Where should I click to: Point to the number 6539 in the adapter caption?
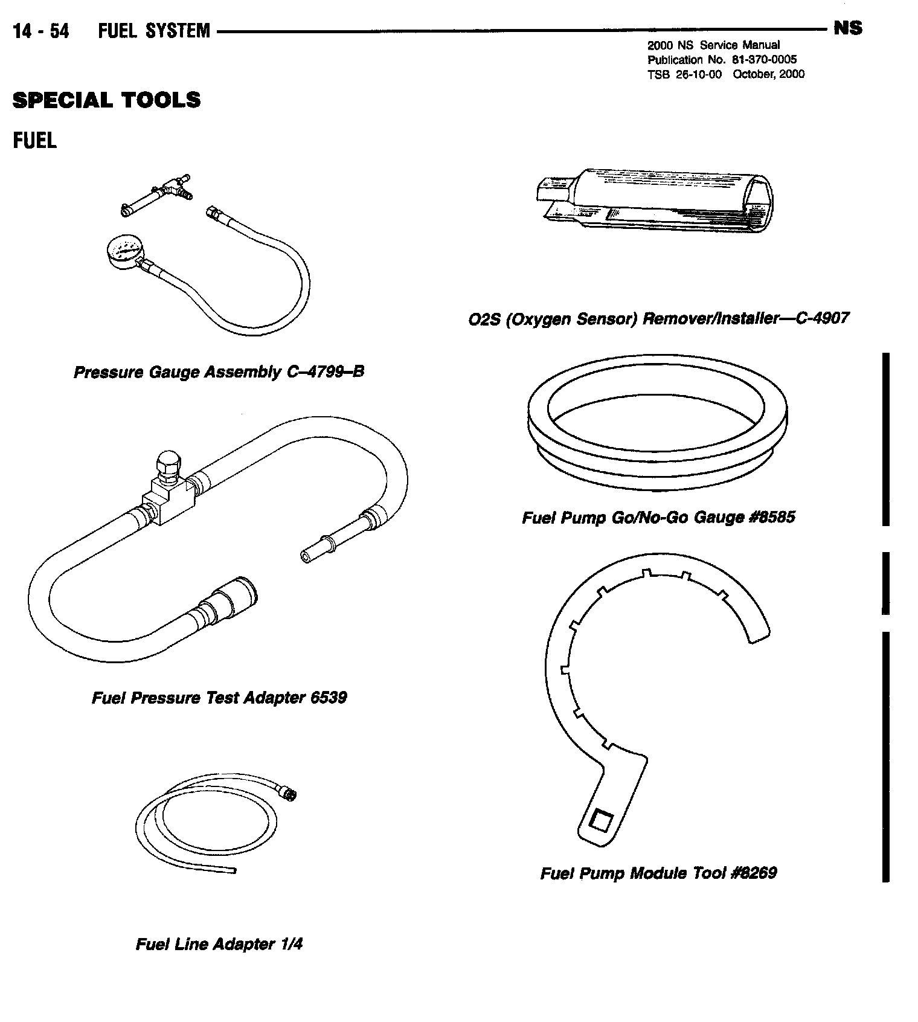(328, 698)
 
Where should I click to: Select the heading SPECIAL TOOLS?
(106, 100)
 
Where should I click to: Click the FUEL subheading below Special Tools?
(35, 141)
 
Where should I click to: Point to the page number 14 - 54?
(41, 31)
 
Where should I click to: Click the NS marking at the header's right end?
(847, 28)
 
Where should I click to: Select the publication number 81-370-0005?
(763, 60)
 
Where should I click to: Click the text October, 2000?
(768, 74)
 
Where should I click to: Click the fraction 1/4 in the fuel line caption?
(291, 944)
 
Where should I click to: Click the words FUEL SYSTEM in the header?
(154, 31)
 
